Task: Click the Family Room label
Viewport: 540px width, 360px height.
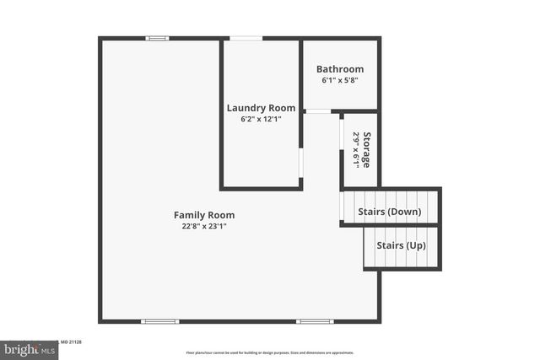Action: (x=204, y=215)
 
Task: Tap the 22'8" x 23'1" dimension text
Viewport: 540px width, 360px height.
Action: (x=204, y=226)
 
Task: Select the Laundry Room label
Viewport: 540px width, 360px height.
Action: (x=262, y=108)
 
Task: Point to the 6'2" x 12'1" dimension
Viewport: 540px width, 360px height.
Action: (x=262, y=119)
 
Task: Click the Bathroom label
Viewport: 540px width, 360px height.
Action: (x=340, y=69)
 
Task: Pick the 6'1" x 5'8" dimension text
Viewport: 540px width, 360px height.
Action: (x=340, y=80)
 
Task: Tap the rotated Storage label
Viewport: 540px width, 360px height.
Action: (x=366, y=149)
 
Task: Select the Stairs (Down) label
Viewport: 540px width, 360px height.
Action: (x=390, y=212)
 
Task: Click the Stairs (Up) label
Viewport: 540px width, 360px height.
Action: (x=401, y=245)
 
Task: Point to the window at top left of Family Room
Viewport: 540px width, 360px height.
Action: (x=157, y=38)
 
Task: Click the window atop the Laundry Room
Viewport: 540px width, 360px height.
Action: (x=246, y=38)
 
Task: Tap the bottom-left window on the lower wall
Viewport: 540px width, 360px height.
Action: (x=159, y=321)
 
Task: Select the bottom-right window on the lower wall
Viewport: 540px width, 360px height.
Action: (x=315, y=321)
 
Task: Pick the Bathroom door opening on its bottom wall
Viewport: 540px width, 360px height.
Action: (x=318, y=111)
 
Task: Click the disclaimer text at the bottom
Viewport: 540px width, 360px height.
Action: (x=270, y=353)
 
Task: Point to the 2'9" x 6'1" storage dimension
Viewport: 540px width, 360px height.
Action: (x=356, y=149)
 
